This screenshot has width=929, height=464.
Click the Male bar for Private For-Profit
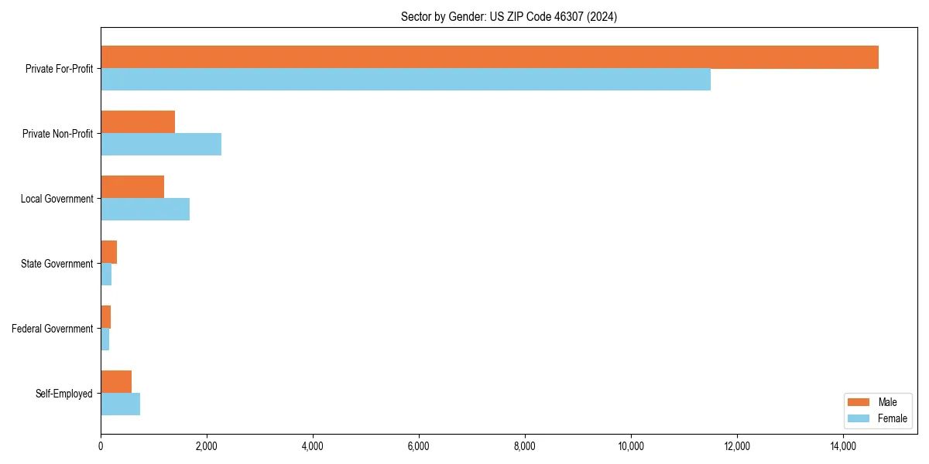(489, 57)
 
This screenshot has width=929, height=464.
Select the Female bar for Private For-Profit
(406, 80)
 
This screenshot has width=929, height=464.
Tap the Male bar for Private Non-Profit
(138, 122)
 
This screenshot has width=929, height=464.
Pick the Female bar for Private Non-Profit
(161, 145)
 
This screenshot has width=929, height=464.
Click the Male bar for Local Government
(132, 187)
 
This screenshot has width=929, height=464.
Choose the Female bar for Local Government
(145, 210)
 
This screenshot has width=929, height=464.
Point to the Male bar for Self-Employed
(116, 382)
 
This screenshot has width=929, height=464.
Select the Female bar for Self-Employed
(120, 404)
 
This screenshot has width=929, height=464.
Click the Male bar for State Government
(108, 252)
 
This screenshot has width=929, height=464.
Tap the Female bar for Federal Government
(105, 339)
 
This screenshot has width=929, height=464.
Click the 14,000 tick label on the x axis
(843, 446)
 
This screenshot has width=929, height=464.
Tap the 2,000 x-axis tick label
(207, 446)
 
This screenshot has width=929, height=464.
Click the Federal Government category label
(53, 329)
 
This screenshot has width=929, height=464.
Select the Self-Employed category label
(64, 394)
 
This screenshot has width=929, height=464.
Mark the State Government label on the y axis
(57, 264)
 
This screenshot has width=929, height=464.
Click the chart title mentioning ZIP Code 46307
(509, 16)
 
